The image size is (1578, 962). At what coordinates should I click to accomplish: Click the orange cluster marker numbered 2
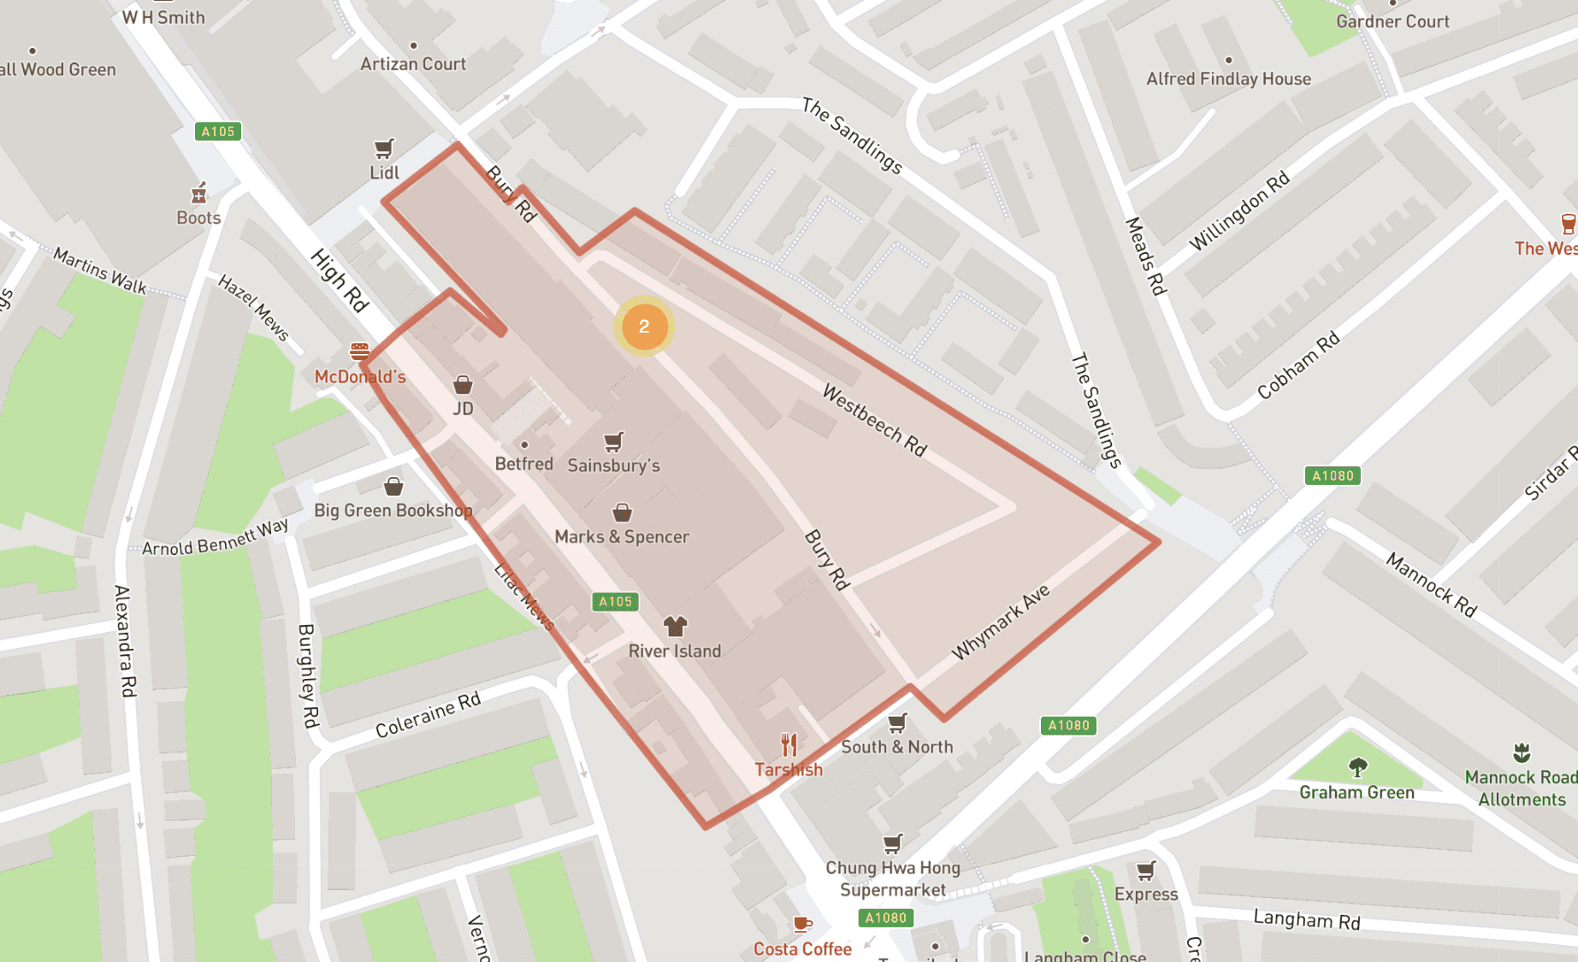tap(644, 326)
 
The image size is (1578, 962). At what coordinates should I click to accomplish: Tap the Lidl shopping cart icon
tap(384, 150)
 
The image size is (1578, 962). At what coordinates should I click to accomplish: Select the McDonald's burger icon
tap(359, 351)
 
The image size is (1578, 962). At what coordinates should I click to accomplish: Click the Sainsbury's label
tap(613, 466)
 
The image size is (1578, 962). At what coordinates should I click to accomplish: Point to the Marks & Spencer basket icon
tap(622, 512)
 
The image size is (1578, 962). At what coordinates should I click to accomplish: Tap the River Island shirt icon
tap(675, 626)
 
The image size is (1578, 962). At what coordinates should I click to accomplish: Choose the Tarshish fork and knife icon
tap(789, 745)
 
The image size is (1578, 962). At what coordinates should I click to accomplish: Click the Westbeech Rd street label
tap(874, 420)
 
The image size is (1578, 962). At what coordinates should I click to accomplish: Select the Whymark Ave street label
tap(1000, 623)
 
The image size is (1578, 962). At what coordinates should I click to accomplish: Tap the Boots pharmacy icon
tap(198, 194)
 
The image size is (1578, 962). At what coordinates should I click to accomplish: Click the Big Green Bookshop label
tap(393, 511)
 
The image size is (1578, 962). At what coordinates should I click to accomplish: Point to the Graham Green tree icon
tap(1357, 767)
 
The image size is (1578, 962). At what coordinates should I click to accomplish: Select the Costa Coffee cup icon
tap(801, 924)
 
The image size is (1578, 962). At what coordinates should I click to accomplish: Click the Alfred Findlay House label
tap(1228, 79)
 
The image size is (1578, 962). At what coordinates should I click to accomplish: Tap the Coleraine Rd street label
tap(428, 714)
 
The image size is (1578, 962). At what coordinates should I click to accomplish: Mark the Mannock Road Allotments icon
tap(1521, 752)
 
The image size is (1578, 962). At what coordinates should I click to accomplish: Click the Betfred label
tap(523, 463)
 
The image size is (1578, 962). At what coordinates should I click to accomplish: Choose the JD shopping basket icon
tap(463, 385)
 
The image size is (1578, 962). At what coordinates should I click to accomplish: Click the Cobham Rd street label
tap(1297, 366)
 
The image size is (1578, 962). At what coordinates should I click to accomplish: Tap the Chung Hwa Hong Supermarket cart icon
tap(892, 844)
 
